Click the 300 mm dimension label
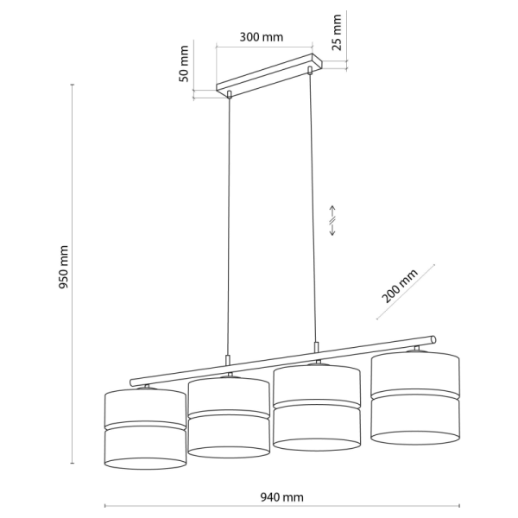[x=261, y=37]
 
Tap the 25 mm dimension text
[x=337, y=33]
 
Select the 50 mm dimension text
[x=184, y=64]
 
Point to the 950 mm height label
[x=63, y=267]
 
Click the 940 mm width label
[x=281, y=497]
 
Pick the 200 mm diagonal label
[x=400, y=286]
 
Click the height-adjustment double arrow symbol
[x=332, y=220]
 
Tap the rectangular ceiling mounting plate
[x=268, y=74]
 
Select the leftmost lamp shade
[x=145, y=429]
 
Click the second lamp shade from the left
[x=229, y=417]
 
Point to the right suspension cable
[x=313, y=208]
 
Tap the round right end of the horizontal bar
[x=433, y=339]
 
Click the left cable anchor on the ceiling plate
[x=229, y=94]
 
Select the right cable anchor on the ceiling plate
[x=310, y=70]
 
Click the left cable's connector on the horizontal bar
[x=227, y=360]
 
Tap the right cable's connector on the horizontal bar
[x=317, y=347]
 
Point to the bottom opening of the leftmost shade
[x=145, y=464]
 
